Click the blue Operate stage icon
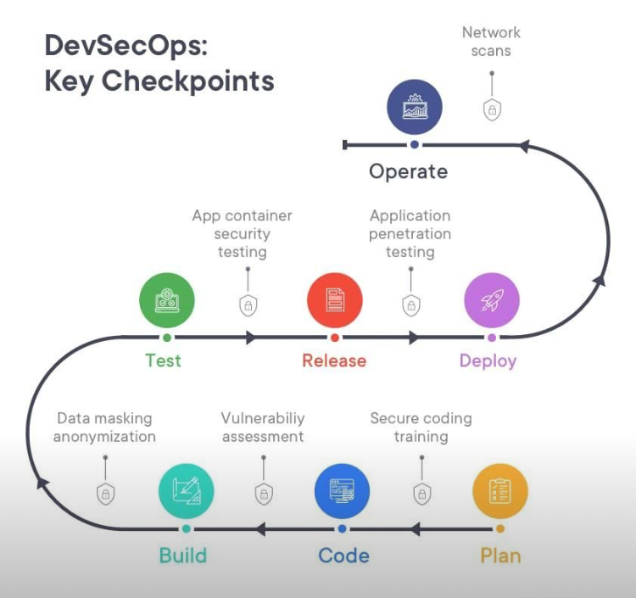pos(415,108)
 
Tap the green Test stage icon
pos(167,301)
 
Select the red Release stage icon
pos(334,301)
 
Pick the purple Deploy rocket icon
pos(492,301)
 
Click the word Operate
pos(408,172)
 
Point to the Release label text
pos(334,360)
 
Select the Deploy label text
pos(488,360)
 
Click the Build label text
pos(183,556)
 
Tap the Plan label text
pos(500,556)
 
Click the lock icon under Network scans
pos(492,109)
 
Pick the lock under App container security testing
pos(248,305)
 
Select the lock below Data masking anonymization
pos(105,494)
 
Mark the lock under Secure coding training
pos(421,494)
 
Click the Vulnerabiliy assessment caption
pos(263,428)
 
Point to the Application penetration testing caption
pos(410,233)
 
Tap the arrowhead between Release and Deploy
pos(414,338)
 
